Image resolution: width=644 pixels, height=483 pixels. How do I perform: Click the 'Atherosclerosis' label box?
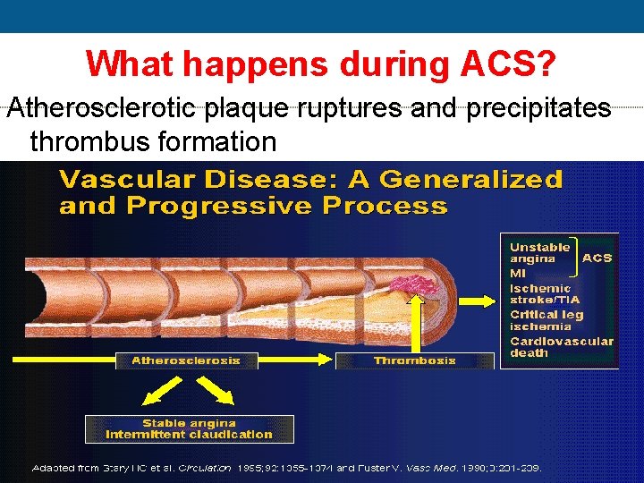[x=186, y=360]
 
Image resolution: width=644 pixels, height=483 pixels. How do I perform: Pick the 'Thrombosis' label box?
[x=414, y=360]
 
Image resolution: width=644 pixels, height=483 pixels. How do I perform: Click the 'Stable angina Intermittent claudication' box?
[x=189, y=428]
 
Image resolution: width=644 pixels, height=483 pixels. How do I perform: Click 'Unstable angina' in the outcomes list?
[x=540, y=252]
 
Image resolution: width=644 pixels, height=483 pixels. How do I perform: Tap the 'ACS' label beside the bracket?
[x=597, y=258]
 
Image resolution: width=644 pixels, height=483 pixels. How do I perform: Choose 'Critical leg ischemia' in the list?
[x=547, y=320]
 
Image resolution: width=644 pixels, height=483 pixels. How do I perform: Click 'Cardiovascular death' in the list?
[x=561, y=346]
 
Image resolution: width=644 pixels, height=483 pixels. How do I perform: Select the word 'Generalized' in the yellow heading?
[x=471, y=180]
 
